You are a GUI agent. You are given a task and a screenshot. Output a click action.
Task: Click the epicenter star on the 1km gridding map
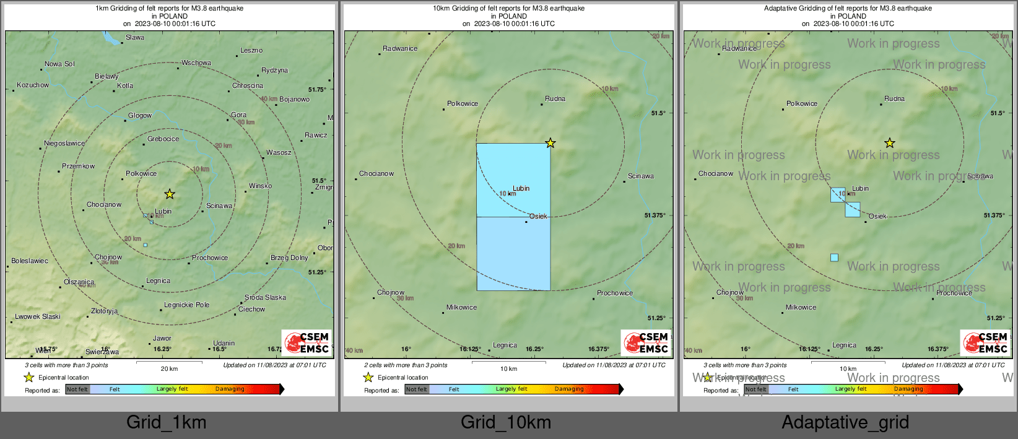point(170,194)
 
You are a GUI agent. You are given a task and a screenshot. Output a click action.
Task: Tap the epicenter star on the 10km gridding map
point(550,144)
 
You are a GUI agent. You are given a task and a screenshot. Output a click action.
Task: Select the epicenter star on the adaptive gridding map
point(889,144)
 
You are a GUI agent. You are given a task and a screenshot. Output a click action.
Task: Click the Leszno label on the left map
point(251,51)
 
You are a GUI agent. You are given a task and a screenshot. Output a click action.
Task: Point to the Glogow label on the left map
point(140,116)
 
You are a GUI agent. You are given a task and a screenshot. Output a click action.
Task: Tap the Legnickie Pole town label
point(186,305)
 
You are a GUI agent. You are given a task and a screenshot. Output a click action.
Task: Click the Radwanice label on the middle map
point(400,49)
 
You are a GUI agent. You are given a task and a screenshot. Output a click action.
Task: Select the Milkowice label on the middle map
point(462,308)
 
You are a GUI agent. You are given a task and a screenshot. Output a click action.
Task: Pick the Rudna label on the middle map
point(555,99)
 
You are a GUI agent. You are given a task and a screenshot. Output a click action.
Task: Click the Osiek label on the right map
point(877,217)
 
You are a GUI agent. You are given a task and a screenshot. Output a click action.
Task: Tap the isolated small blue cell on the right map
point(834,258)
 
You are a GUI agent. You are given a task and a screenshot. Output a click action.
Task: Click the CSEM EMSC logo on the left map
point(307,342)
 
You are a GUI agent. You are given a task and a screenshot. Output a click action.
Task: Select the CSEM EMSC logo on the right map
point(986,342)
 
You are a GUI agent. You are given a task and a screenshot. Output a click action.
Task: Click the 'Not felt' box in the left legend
point(77,389)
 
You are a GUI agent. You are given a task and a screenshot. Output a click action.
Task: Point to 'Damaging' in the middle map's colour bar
point(569,389)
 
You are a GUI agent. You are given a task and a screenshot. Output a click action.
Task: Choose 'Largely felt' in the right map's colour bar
point(851,389)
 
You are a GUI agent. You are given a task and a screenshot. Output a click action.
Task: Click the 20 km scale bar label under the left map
point(169,369)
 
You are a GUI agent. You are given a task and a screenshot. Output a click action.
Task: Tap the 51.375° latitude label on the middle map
point(655,215)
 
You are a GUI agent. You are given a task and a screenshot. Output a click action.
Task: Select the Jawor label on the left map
point(162,339)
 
